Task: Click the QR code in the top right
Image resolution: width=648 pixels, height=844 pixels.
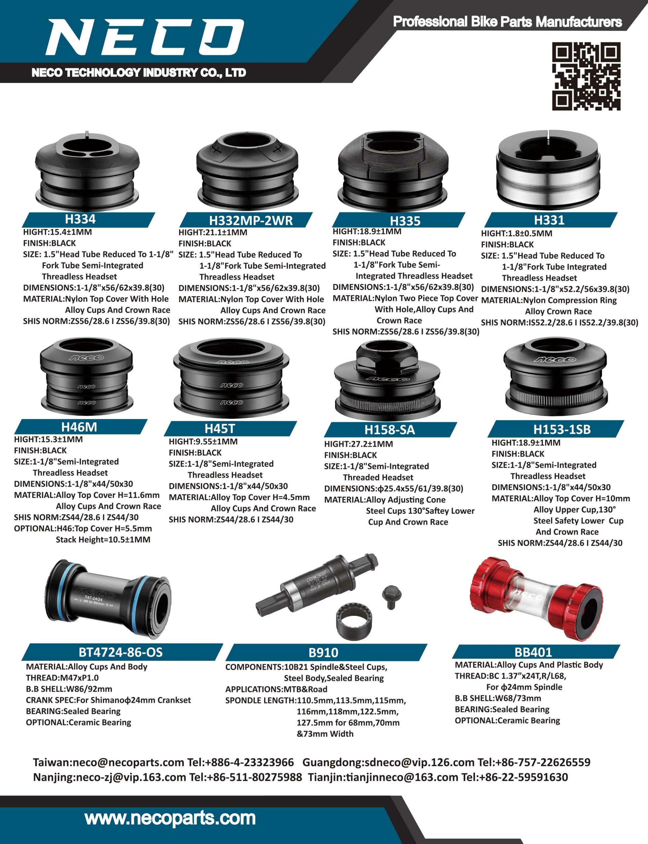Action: pyautogui.click(x=586, y=76)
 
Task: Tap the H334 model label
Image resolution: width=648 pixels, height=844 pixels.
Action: pyautogui.click(x=80, y=219)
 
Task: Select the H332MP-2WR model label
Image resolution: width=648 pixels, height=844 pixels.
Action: pyautogui.click(x=251, y=220)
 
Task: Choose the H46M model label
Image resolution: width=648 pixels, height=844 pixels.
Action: pyautogui.click(x=79, y=427)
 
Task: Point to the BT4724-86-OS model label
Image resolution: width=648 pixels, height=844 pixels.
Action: pyautogui.click(x=121, y=652)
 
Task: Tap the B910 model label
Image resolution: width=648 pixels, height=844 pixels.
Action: pyautogui.click(x=323, y=652)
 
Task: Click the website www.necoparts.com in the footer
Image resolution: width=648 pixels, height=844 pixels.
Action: pyautogui.click(x=170, y=818)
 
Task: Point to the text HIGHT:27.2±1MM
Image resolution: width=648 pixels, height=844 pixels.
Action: pyautogui.click(x=358, y=444)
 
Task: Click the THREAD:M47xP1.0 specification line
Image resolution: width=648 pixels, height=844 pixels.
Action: pyautogui.click(x=62, y=678)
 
